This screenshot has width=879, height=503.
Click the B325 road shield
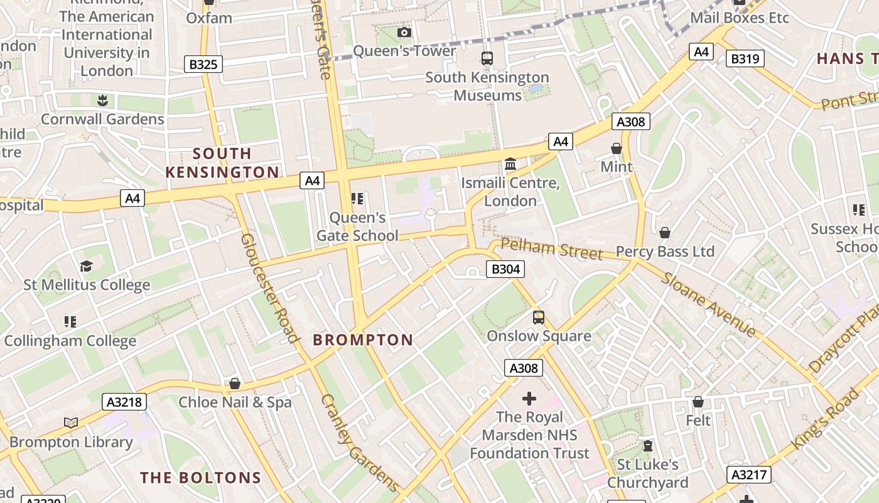click(203, 64)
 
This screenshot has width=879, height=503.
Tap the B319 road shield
click(745, 59)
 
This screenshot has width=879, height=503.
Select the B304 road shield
click(505, 270)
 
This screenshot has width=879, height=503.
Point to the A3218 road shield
click(124, 402)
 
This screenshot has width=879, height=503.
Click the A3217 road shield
click(748, 474)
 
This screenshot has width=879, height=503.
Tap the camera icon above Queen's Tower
click(404, 32)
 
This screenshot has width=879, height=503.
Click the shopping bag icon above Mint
click(617, 149)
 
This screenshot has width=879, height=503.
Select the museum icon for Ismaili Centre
click(510, 164)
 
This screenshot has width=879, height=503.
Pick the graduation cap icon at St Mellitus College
click(86, 267)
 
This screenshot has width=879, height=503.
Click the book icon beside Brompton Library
click(71, 423)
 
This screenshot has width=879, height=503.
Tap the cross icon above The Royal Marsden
click(529, 399)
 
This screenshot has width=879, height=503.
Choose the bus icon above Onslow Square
click(539, 318)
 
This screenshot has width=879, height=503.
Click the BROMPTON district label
click(363, 340)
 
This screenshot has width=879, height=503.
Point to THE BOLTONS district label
click(200, 477)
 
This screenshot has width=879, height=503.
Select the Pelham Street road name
click(551, 249)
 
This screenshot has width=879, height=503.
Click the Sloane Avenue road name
click(709, 304)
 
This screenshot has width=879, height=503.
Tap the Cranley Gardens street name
click(359, 442)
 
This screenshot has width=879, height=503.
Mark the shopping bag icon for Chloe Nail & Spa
click(235, 384)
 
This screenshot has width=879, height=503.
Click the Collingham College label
click(70, 341)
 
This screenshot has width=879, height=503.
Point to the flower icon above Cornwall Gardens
click(101, 101)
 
